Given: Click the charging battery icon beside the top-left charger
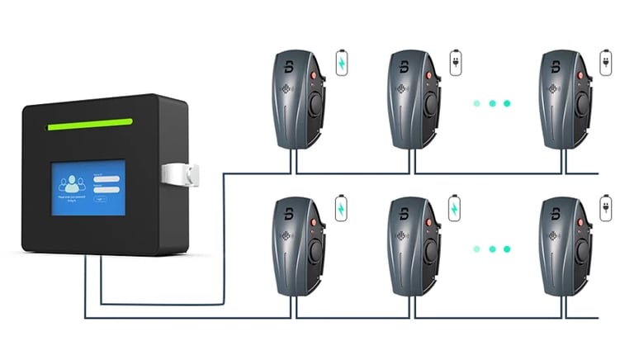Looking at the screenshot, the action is (341, 64).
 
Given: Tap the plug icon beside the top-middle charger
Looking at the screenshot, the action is (455, 64).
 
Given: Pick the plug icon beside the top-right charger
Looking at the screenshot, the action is (605, 64).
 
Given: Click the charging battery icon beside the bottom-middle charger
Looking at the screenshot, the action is (455, 208).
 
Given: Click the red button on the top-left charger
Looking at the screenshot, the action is (313, 76).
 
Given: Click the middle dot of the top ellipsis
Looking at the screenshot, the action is (492, 103).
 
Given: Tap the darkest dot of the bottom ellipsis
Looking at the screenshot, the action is (507, 248).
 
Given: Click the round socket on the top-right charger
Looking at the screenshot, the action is (580, 105).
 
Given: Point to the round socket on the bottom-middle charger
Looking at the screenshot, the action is (429, 250).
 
